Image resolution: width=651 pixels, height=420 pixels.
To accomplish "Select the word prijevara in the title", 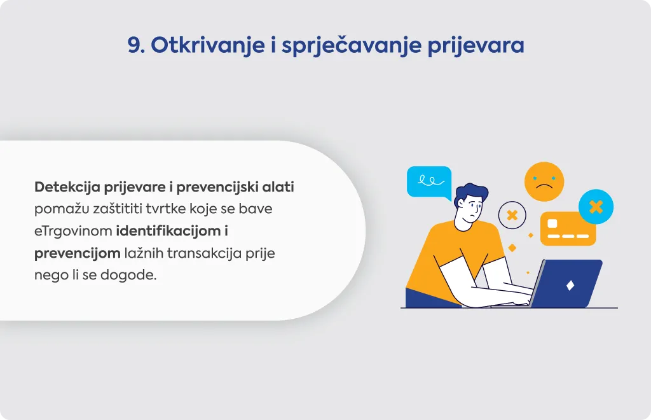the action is [x=476, y=46].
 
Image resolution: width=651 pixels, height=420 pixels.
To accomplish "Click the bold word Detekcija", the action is [x=67, y=187].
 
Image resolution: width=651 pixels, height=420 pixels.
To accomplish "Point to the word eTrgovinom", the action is [x=73, y=231].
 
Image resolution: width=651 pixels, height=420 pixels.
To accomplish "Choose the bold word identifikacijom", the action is [x=168, y=231].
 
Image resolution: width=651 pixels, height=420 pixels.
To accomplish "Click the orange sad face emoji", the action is [x=544, y=181].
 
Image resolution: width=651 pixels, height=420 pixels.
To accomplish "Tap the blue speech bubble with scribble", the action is [x=429, y=183].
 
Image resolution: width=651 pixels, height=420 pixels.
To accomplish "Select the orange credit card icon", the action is [x=568, y=229].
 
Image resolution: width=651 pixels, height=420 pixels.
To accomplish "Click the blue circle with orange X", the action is [x=596, y=206].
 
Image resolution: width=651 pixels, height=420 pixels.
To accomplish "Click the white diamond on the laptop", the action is [x=570, y=285].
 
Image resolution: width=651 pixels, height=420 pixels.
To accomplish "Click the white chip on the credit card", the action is [x=552, y=223].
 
